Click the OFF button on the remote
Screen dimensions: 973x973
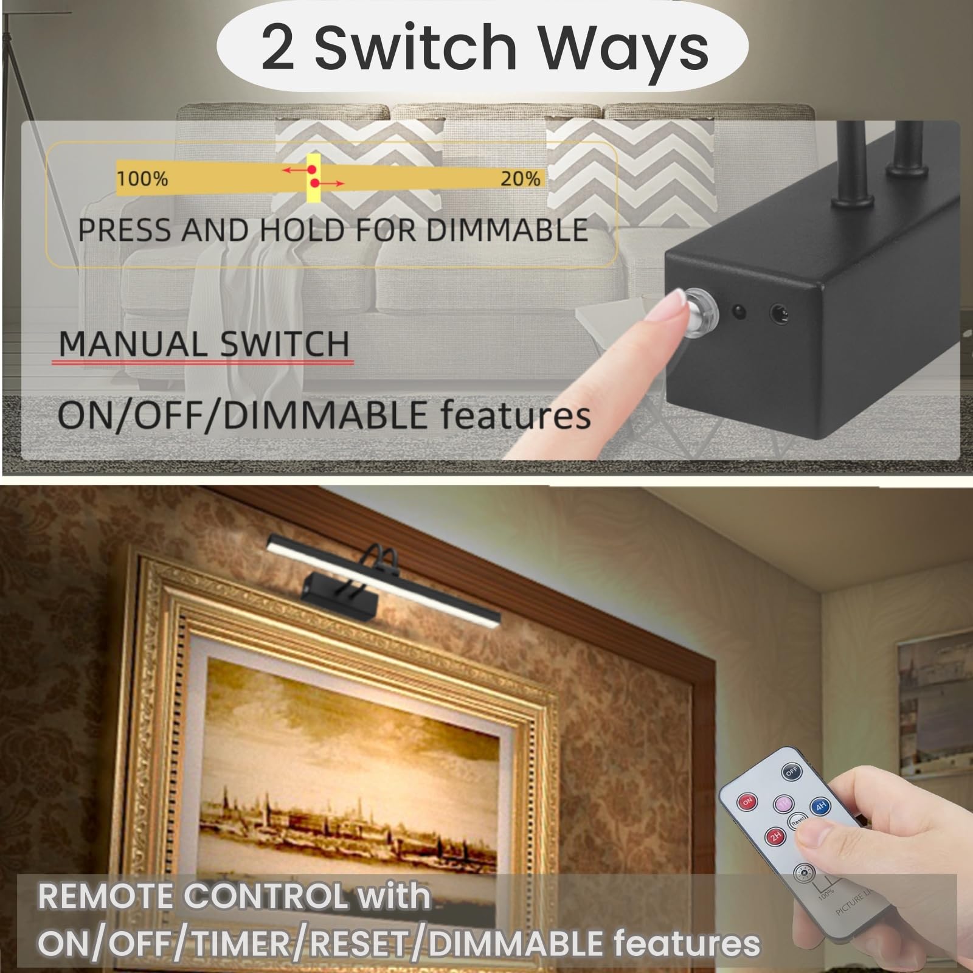tap(791, 772)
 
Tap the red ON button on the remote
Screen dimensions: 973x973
tap(747, 802)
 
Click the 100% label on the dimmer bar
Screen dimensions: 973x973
tap(142, 179)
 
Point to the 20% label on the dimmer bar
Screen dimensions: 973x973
tap(521, 179)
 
